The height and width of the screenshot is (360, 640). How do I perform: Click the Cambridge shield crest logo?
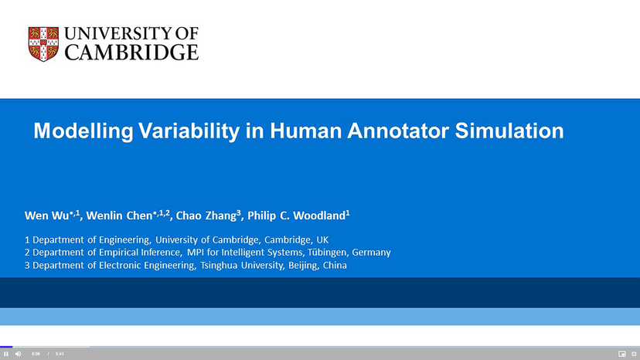tap(43, 44)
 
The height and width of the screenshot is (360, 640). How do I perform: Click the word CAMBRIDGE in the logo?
tap(131, 53)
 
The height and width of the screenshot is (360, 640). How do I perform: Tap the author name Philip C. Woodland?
tap(294, 216)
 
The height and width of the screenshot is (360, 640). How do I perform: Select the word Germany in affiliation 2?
tap(371, 253)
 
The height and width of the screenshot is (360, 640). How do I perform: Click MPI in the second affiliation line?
tap(196, 253)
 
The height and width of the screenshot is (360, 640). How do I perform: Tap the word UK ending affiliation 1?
tap(322, 239)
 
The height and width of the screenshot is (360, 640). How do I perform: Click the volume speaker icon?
tap(19, 354)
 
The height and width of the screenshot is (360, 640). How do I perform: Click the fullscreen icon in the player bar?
tap(634, 354)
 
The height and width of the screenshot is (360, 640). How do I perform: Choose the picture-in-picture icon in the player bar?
tap(621, 354)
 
